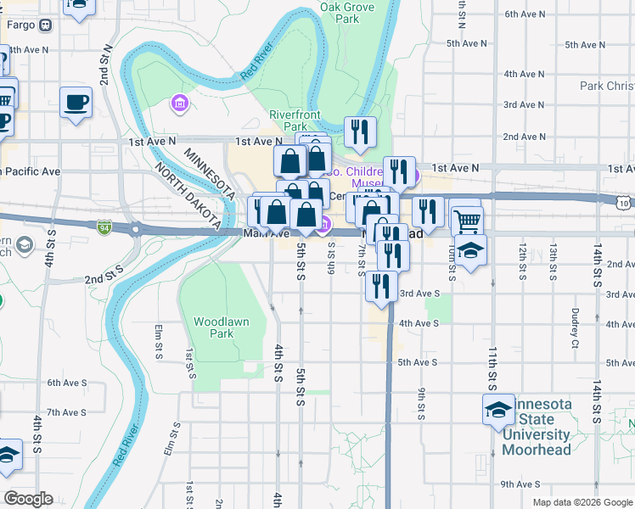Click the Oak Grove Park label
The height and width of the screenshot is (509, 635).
(347, 12)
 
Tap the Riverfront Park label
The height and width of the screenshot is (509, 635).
(295, 120)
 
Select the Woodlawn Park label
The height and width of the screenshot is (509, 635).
(213, 327)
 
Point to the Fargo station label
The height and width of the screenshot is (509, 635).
(20, 25)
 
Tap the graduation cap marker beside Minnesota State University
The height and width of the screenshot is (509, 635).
(497, 410)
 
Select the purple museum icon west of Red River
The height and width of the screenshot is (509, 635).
(179, 104)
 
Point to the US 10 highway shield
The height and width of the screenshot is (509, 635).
(625, 203)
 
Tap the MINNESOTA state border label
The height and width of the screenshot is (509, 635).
(209, 173)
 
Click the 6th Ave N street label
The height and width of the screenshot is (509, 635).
(525, 14)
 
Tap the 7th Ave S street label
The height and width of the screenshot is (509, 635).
(66, 412)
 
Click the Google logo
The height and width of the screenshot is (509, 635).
(28, 499)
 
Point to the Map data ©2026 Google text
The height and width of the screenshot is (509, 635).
(582, 502)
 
